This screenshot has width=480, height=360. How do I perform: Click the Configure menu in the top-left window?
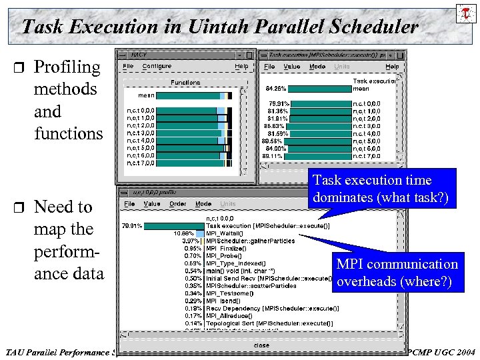(157, 67)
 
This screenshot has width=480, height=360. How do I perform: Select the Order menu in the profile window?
(178, 204)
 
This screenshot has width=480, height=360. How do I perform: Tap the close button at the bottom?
(262, 345)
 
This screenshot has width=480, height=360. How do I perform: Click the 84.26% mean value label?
(276, 88)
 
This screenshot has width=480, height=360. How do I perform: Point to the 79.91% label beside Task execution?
(131, 226)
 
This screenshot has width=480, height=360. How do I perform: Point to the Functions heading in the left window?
(185, 83)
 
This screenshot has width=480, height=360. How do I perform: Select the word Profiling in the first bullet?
(67, 67)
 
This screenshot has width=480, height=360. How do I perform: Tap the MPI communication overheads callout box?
(397, 273)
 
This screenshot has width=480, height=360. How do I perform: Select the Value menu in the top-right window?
(291, 67)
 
